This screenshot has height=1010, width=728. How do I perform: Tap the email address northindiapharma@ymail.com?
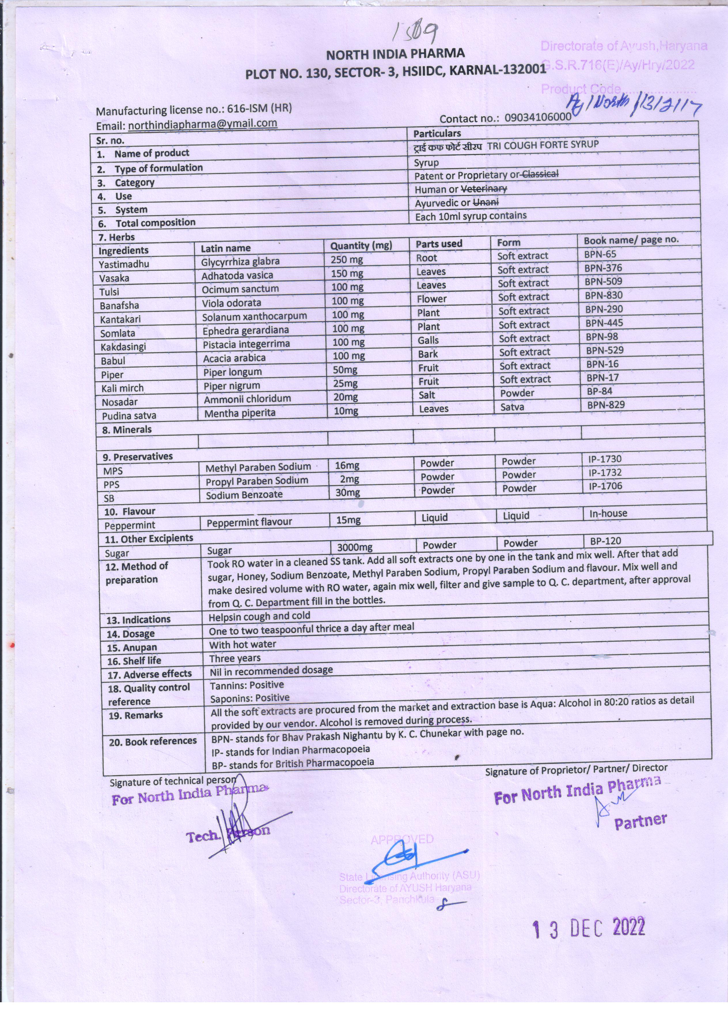[203, 124]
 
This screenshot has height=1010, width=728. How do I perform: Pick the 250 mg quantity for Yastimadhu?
[346, 259]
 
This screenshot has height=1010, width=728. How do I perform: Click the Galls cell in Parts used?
[428, 340]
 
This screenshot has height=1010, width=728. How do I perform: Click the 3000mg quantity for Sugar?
[354, 547]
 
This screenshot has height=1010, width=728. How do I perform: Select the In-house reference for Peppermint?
[608, 513]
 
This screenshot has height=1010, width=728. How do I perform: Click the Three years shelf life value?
[235, 658]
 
